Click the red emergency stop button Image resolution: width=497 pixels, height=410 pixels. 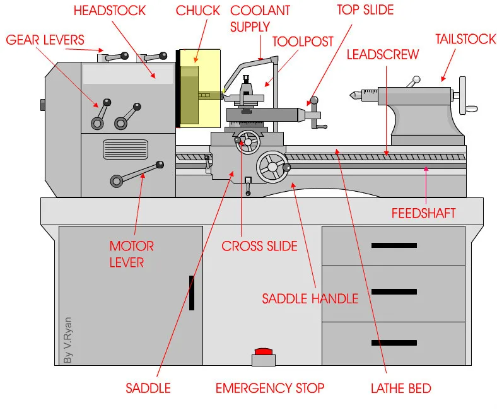(x=262, y=351)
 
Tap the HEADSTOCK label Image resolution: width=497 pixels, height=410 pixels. (x=110, y=11)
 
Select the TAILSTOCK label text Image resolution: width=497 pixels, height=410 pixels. (x=465, y=39)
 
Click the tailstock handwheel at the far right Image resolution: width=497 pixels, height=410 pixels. (x=466, y=96)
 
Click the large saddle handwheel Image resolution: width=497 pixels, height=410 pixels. (x=272, y=167)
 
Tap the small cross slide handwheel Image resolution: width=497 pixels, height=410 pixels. (x=250, y=142)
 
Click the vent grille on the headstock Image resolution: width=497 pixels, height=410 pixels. (x=125, y=149)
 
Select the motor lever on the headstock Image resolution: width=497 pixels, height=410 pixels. (x=136, y=172)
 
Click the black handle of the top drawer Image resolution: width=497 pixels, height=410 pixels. (x=394, y=245)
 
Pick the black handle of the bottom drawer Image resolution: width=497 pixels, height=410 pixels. (x=394, y=343)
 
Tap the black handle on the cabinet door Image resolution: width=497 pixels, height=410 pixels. (x=192, y=292)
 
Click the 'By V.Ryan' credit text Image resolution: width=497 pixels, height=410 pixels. (x=68, y=340)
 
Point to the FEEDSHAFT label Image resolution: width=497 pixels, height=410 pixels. (x=423, y=213)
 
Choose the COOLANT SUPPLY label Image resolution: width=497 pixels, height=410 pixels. (x=260, y=18)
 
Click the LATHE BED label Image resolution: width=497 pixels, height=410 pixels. (x=401, y=387)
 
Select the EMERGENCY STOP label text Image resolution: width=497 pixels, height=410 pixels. (x=270, y=387)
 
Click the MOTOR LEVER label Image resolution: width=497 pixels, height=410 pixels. (x=132, y=253)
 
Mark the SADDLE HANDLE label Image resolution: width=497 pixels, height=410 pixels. (x=310, y=298)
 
